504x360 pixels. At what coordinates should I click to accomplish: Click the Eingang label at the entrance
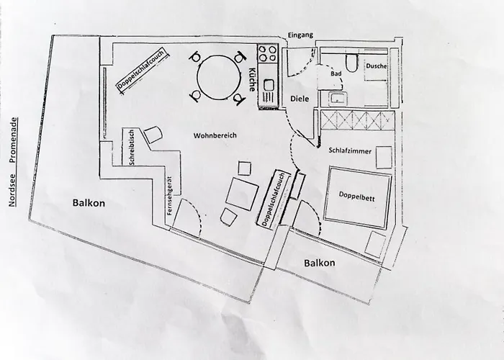coord(300,35)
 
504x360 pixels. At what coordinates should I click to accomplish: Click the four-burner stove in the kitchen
coord(267,54)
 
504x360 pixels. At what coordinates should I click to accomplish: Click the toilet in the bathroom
coord(351,63)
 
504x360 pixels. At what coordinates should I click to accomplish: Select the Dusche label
coord(376,66)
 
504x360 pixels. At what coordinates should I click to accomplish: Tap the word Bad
coord(336,73)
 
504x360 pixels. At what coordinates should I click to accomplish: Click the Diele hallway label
coord(299,99)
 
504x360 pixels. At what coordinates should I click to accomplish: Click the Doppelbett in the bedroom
coord(358,197)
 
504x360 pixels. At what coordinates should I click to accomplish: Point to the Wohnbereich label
coord(215,135)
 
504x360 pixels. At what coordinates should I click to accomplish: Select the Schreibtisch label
coord(132,148)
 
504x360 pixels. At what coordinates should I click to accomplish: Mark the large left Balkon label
coord(89,203)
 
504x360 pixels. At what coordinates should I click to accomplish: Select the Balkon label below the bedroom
coord(319,263)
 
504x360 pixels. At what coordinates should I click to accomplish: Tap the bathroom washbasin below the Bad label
coord(337,99)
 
